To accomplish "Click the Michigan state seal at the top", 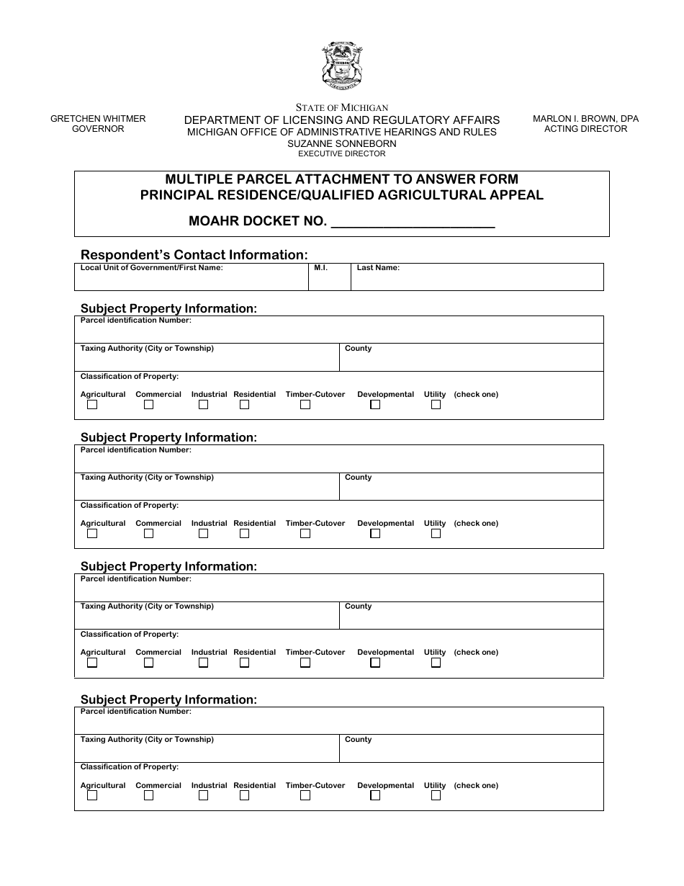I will (x=342, y=66).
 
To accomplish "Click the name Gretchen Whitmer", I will (x=98, y=119).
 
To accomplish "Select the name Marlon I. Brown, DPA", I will (x=585, y=119).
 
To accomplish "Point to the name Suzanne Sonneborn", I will (x=342, y=143).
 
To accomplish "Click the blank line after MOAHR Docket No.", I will (x=412, y=221).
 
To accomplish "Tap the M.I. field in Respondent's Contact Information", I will (x=329, y=279).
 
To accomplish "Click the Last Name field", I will (x=477, y=279).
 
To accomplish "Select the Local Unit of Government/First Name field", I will (x=192, y=279).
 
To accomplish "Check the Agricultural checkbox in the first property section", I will (x=92, y=405).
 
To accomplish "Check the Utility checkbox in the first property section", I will (x=436, y=405).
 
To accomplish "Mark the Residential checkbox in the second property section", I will (x=245, y=534).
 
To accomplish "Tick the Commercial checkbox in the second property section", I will (x=148, y=534).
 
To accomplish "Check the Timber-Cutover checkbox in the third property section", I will (x=305, y=663).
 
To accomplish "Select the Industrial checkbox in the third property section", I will (x=204, y=663).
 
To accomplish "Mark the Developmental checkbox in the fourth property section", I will (x=375, y=796).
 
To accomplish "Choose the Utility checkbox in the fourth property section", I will (x=436, y=796).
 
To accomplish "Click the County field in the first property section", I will (x=471, y=360).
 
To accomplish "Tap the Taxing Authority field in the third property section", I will (x=207, y=618).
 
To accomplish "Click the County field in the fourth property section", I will (x=471, y=751).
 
